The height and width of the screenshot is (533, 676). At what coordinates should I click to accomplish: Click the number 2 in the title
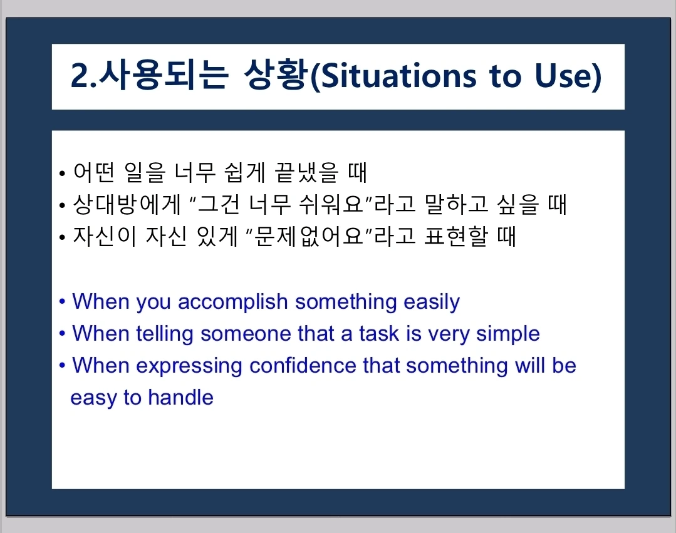point(80,76)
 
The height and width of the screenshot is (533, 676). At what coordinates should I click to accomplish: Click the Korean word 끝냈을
point(306,172)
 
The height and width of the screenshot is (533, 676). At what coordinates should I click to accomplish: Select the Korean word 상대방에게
point(127,204)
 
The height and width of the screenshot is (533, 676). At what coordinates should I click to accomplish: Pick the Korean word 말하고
point(457,204)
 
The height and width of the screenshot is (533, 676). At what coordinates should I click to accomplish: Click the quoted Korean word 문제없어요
point(309,236)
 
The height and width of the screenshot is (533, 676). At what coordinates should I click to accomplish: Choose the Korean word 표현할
point(456,236)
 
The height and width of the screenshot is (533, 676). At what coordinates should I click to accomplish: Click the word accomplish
point(233,302)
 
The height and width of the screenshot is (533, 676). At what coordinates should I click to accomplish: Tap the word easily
point(432,302)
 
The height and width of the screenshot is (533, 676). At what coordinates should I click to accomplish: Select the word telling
point(164,334)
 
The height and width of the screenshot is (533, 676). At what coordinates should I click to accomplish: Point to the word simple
point(508,334)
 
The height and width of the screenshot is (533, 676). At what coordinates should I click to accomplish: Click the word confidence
point(303,366)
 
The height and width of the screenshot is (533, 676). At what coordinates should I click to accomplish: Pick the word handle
point(180,397)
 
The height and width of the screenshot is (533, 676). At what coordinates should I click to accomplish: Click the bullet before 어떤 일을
point(63,173)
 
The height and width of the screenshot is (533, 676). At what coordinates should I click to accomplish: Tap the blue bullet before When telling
point(63,333)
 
